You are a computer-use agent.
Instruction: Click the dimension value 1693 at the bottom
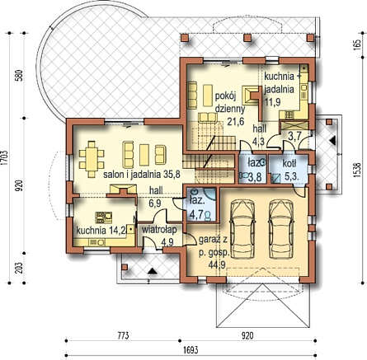coord(191,350)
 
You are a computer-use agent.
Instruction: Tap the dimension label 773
coord(124,335)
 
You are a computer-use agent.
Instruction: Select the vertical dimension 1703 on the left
coord(4,158)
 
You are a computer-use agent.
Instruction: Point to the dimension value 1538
coord(357,171)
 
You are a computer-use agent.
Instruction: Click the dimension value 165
coord(357,44)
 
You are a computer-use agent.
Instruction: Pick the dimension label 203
coord(19,268)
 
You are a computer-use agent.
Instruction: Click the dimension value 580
coord(19,76)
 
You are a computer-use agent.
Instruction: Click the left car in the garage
coord(242,229)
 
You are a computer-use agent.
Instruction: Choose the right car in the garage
coord(281,229)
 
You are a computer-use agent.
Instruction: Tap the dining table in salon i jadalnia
coord(92,159)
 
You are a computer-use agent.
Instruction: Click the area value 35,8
coord(172,175)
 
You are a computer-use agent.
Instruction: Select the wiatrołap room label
coord(159,230)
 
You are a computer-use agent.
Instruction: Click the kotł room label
coord(289,164)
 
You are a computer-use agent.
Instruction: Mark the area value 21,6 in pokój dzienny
coord(236,121)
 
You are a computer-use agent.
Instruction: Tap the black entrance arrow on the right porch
coord(332,141)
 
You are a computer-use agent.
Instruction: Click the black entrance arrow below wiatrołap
coord(152,271)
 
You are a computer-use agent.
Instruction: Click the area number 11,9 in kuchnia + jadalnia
coord(273,102)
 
